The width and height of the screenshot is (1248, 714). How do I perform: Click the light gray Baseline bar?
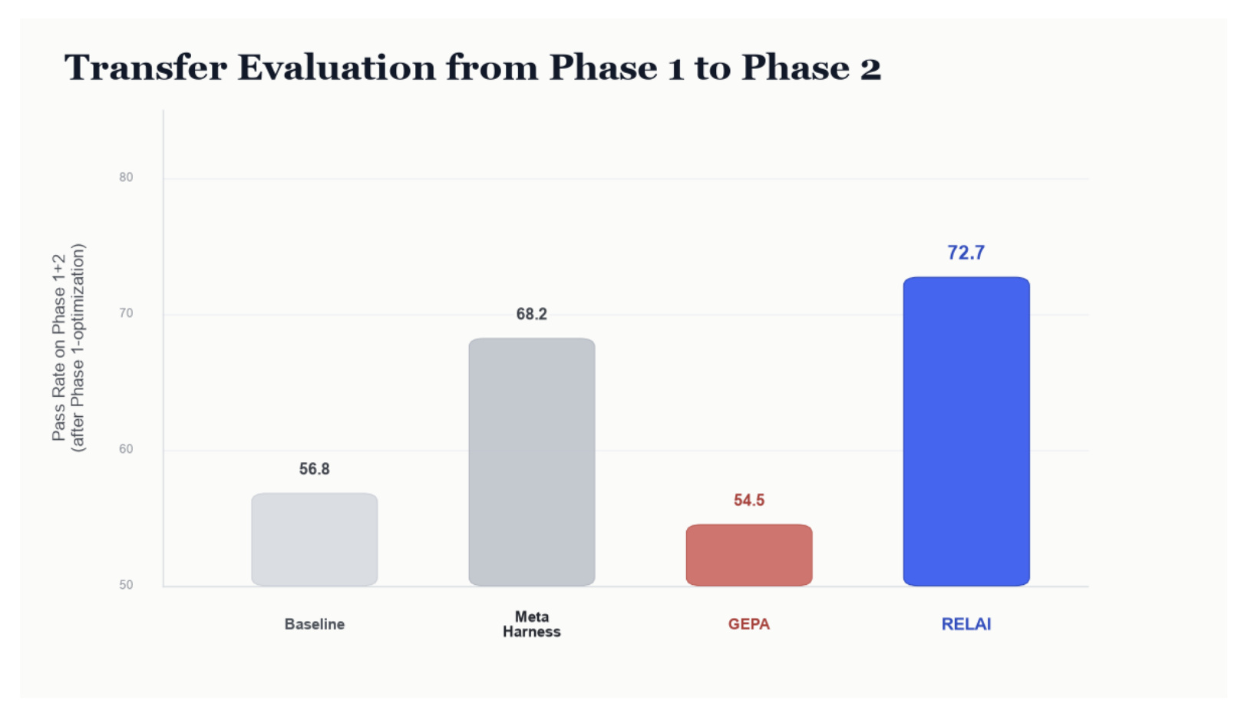click(x=314, y=539)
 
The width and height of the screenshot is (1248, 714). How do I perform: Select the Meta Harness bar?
click(x=532, y=461)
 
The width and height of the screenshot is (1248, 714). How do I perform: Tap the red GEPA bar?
click(x=749, y=554)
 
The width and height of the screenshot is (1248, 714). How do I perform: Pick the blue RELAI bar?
click(x=966, y=431)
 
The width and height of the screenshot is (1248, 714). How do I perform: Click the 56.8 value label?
click(x=314, y=469)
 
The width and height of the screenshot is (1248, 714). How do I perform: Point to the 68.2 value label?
click(x=532, y=314)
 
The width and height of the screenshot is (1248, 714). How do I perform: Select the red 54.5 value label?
click(x=749, y=501)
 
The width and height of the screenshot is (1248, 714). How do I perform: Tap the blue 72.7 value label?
click(x=966, y=253)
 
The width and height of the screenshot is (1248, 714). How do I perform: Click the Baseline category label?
click(x=314, y=624)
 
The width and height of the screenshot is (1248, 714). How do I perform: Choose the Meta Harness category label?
click(x=532, y=624)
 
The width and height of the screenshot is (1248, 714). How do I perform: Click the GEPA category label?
click(x=749, y=624)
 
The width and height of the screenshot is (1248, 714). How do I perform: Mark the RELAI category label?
click(x=966, y=624)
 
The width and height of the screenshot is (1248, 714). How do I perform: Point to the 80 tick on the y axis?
click(x=126, y=177)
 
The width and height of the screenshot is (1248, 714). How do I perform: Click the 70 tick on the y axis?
click(x=126, y=313)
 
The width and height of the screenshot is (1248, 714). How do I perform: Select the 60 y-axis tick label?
click(x=126, y=449)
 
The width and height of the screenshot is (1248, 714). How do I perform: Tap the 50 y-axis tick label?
click(x=126, y=585)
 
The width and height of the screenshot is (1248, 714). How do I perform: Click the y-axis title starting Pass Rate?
click(x=68, y=347)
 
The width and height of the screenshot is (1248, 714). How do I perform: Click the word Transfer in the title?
click(x=145, y=68)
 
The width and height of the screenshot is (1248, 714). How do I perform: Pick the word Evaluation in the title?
click(x=337, y=68)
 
